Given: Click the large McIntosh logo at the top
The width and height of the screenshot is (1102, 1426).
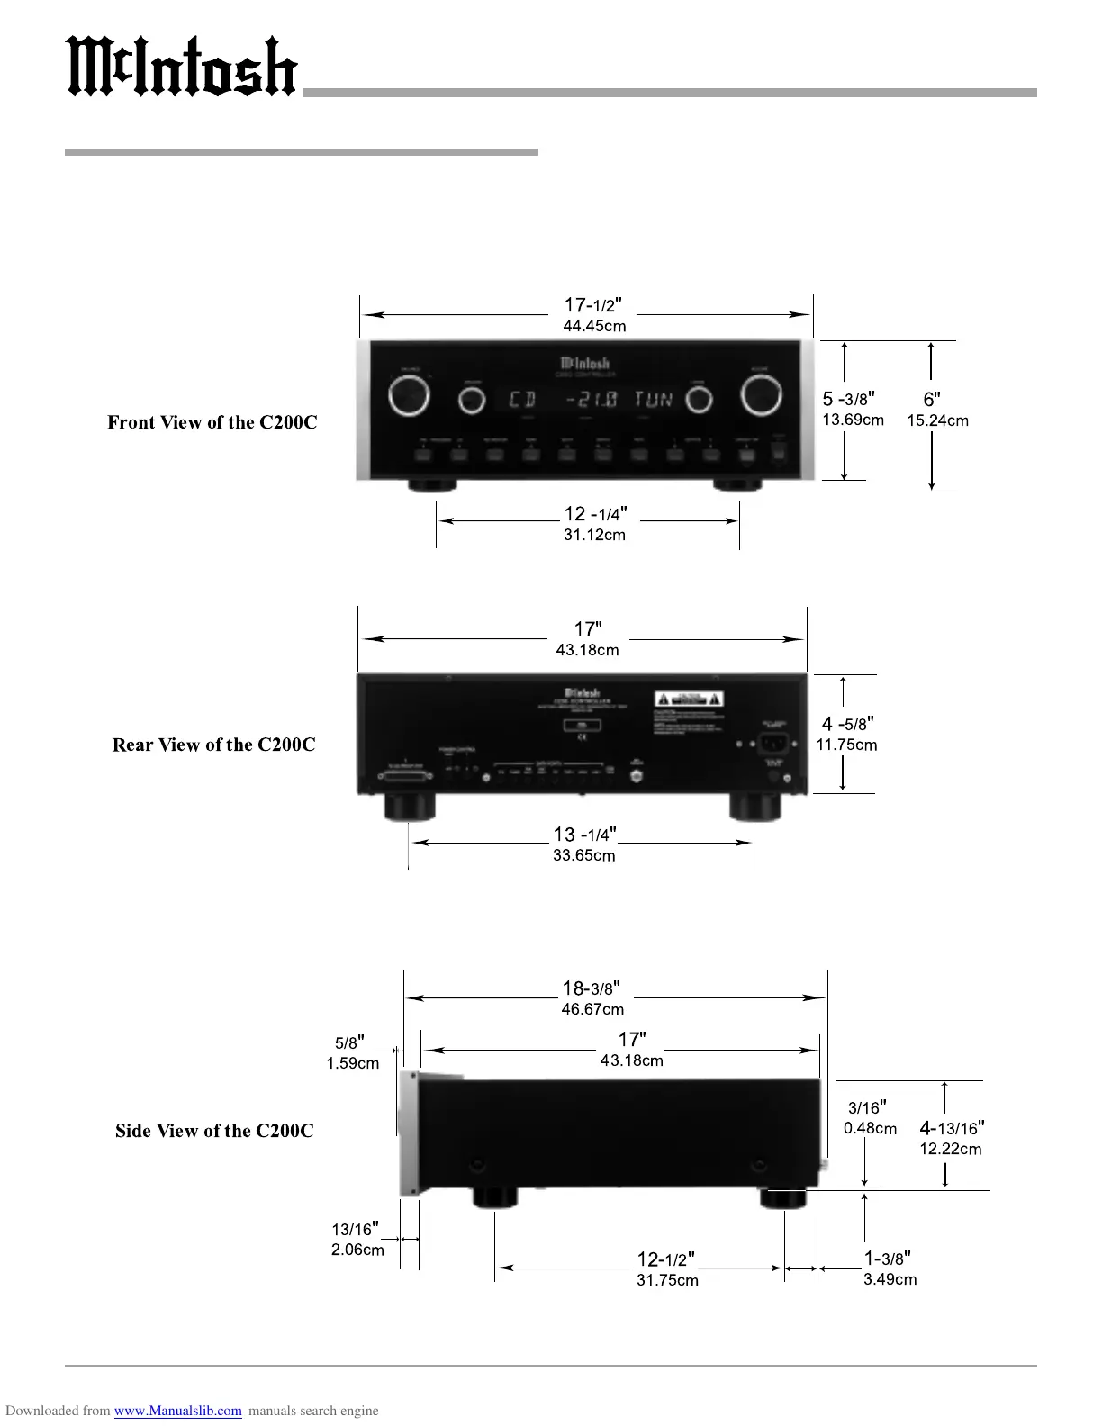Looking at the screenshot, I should tap(183, 68).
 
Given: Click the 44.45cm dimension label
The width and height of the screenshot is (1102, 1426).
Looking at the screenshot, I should tap(594, 326).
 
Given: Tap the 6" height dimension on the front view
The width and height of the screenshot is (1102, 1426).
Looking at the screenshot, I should tap(932, 400).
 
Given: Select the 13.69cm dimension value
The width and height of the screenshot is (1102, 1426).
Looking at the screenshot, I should tap(853, 420).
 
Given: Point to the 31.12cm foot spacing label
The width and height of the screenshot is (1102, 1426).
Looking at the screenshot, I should tap(594, 535).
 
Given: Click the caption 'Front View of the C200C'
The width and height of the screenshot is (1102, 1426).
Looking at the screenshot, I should tap(212, 422).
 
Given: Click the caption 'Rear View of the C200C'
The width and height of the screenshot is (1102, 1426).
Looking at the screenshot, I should tap(213, 745).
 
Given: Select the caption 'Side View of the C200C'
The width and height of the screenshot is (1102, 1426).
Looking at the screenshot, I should tap(214, 1131).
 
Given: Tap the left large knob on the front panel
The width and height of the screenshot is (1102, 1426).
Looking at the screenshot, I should tap(409, 397).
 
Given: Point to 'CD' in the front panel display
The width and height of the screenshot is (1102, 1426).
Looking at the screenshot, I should tap(522, 399).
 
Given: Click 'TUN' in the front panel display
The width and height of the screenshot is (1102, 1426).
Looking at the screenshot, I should tap(654, 399).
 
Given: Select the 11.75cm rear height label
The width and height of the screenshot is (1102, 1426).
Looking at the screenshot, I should tap(846, 745).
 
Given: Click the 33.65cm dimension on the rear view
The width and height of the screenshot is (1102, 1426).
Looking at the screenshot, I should tap(584, 855).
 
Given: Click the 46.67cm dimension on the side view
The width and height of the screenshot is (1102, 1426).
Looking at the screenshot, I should tap(592, 1009).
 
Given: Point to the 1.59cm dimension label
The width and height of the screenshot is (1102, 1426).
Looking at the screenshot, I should tap(352, 1063).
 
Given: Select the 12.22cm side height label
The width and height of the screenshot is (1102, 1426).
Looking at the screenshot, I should tap(950, 1149).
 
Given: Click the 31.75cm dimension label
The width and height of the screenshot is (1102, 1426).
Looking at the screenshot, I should tap(667, 1280).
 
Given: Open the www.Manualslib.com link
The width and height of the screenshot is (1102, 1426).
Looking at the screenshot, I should tap(177, 1411).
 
